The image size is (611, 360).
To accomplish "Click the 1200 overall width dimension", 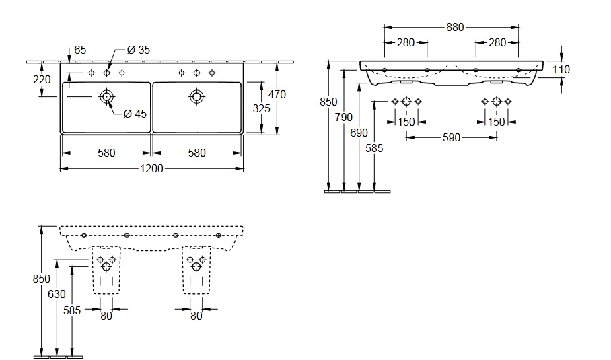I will (153, 168).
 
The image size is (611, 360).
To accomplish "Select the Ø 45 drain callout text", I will (135, 113).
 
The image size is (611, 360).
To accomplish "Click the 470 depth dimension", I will (277, 94).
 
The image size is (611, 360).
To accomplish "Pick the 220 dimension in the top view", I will (42, 79).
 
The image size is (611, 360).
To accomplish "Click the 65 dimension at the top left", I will (80, 50).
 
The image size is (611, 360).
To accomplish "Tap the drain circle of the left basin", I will (106, 97).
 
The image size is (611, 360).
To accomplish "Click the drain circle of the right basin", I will (196, 97).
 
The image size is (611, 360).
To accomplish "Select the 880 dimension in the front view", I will (455, 28).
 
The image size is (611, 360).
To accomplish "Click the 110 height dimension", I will (561, 69).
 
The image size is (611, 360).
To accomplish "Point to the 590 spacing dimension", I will (451, 137).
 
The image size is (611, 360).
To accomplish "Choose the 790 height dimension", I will (343, 117).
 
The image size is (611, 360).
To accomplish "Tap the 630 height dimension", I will (57, 293).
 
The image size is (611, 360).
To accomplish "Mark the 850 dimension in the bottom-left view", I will (42, 277).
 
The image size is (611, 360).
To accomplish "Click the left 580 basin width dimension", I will (106, 153).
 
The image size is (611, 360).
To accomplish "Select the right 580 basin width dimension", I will (196, 153).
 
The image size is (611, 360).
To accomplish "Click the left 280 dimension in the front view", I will (405, 42).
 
